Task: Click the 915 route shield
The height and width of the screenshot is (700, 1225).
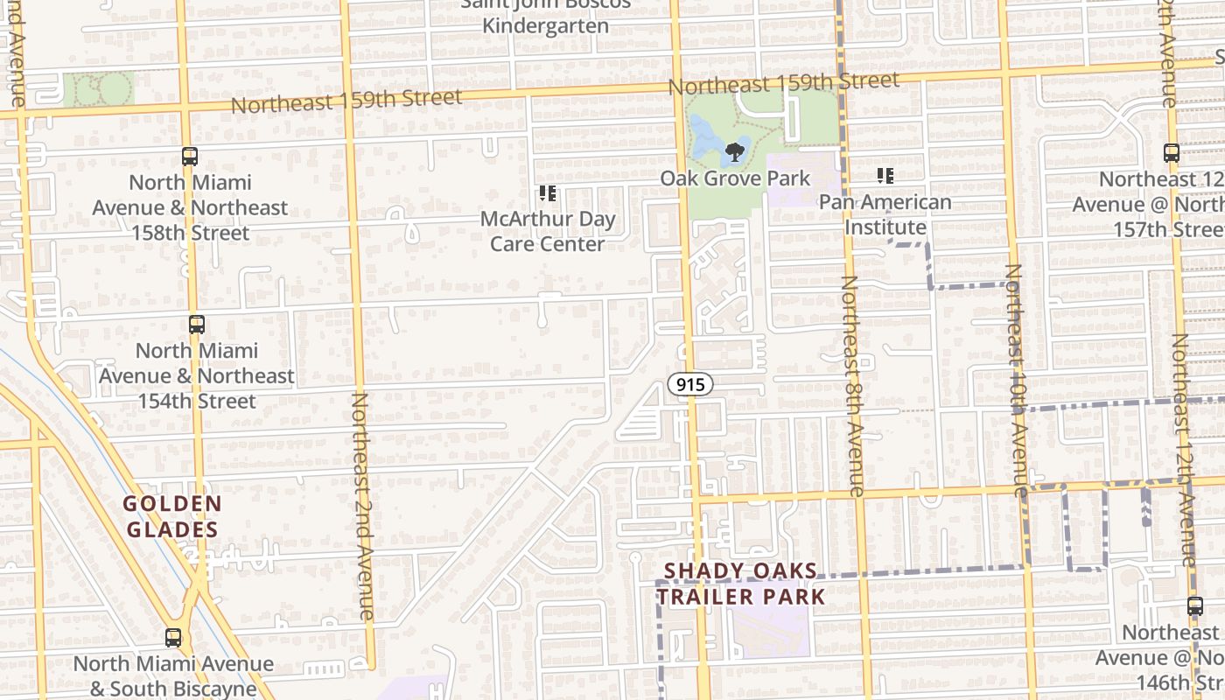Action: pyautogui.click(x=690, y=384)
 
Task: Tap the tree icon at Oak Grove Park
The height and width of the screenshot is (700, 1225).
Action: pyautogui.click(x=734, y=154)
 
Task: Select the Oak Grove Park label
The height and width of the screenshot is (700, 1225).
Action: pyautogui.click(x=735, y=178)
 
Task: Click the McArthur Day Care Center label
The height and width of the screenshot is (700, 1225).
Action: pyautogui.click(x=547, y=232)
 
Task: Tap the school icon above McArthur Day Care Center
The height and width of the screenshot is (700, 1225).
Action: pyautogui.click(x=548, y=193)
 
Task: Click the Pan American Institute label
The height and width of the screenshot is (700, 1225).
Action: pyautogui.click(x=885, y=214)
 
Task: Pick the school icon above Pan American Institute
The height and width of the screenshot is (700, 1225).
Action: pyautogui.click(x=885, y=176)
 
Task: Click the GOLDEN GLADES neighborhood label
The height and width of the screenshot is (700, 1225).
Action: pyautogui.click(x=171, y=516)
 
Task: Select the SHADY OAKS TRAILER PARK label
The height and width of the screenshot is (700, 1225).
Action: pyautogui.click(x=740, y=584)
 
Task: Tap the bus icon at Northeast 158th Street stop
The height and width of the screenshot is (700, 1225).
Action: pyautogui.click(x=190, y=157)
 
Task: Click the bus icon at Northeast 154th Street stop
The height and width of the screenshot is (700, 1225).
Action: pyautogui.click(x=197, y=325)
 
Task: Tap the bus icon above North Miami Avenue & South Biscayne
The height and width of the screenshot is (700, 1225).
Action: pyautogui.click(x=173, y=637)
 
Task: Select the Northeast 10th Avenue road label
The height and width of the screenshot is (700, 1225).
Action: pyautogui.click(x=1016, y=381)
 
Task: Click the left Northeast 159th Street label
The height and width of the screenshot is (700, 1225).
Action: pyautogui.click(x=346, y=101)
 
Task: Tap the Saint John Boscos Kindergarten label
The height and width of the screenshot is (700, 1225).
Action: pyautogui.click(x=545, y=16)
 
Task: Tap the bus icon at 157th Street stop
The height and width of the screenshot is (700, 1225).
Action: pyautogui.click(x=1172, y=153)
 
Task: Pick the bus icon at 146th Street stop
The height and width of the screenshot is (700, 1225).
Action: pyautogui.click(x=1195, y=605)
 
